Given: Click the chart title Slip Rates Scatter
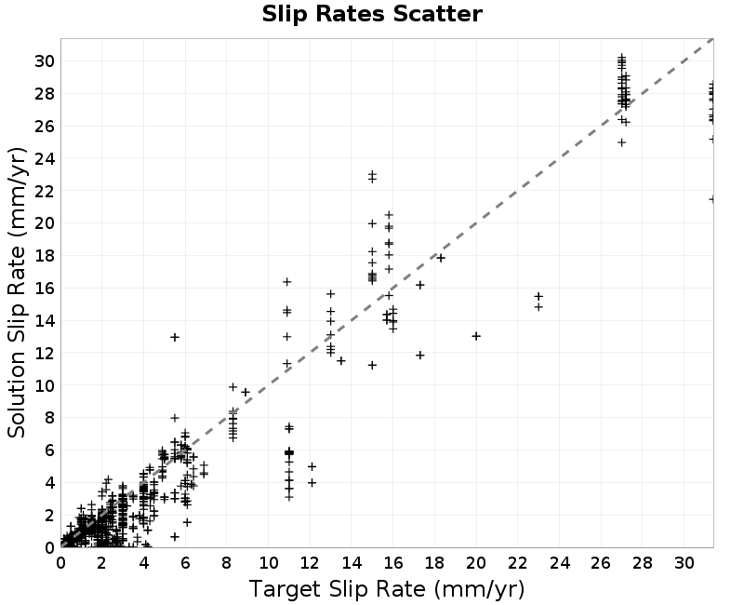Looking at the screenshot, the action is [x=372, y=14].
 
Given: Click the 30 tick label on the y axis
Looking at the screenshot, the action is [x=45, y=61].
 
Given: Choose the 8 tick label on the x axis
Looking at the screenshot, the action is [x=227, y=564].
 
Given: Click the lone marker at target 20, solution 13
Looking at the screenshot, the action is [x=476, y=336].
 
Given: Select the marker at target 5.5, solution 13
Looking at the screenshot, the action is [x=175, y=337].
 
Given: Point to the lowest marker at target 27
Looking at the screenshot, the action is [x=621, y=142].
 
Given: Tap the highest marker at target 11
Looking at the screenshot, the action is [x=287, y=282].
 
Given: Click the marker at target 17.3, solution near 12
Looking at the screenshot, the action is [x=420, y=356].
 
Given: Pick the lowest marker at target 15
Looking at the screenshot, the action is [x=373, y=365].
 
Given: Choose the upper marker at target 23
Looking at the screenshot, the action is [x=538, y=296].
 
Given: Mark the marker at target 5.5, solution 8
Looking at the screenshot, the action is [x=175, y=418].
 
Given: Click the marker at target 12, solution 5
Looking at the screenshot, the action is [x=312, y=467].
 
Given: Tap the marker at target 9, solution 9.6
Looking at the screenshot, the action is [x=246, y=392].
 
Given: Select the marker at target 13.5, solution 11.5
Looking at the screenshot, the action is [x=341, y=361].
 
